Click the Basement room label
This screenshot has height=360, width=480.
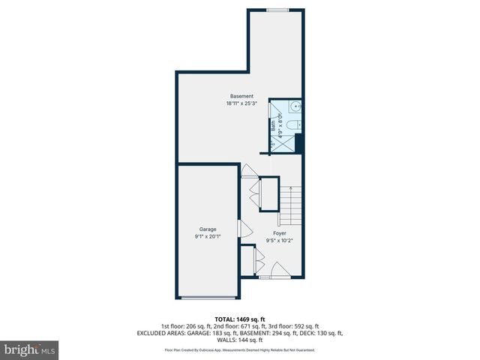coord(241,96)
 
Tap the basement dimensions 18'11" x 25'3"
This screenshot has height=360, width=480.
coord(241,103)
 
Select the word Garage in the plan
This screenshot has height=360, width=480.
coord(207,229)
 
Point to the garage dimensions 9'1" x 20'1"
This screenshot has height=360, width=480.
coord(207,236)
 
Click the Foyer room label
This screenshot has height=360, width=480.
coord(280,233)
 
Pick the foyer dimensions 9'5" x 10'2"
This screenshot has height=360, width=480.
coord(280,241)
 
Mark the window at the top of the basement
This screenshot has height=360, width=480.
coord(277,10)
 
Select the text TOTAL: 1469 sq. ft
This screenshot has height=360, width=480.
coord(240,319)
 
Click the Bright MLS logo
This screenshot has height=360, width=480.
coord(30,349)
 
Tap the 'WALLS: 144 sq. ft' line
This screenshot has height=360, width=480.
coord(240,340)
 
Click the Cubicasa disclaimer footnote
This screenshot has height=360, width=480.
coord(240,350)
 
